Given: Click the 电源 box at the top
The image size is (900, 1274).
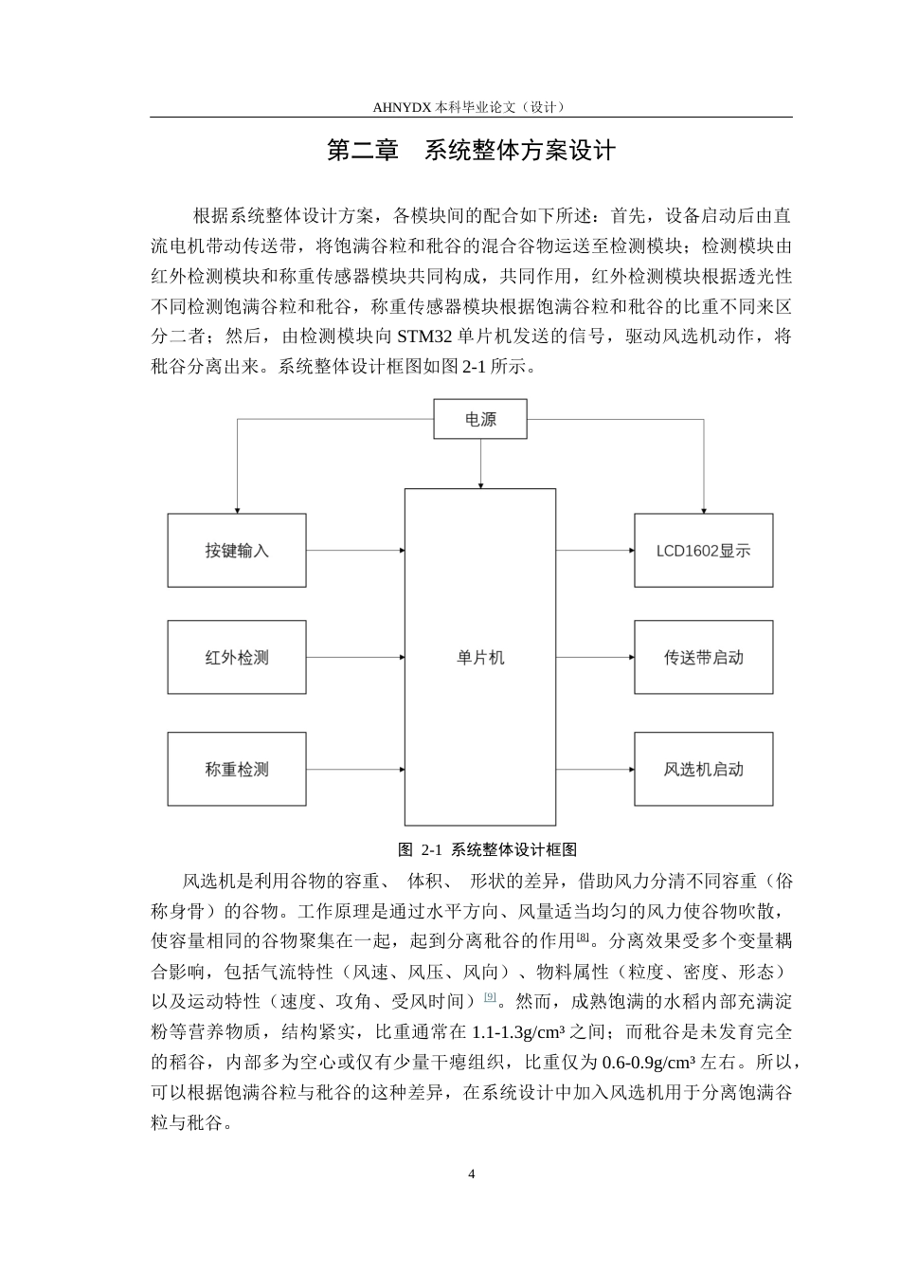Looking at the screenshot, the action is coord(480,419).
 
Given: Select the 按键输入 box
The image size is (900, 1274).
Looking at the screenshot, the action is coord(237,550).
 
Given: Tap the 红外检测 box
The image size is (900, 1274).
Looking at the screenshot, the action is coord(237,657).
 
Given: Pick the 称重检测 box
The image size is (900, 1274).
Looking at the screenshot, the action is coord(237,769).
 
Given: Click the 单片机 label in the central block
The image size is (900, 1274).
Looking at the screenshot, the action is coord(480,658).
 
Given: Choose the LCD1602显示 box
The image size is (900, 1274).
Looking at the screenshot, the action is coord(703,550).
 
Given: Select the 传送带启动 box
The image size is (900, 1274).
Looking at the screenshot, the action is coord(703,657).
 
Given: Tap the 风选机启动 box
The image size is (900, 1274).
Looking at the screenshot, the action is coord(703,769).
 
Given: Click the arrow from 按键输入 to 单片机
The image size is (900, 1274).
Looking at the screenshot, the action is coord(355,550).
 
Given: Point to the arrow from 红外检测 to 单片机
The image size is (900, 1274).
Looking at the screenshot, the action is coord(355,657).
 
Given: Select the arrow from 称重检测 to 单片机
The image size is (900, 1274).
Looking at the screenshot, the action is coord(355,769).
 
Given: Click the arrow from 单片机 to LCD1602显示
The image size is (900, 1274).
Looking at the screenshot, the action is coord(595,550).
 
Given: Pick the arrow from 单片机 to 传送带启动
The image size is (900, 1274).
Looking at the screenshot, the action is coord(595,657).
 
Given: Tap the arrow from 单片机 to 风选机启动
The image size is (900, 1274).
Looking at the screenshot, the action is coord(595,769).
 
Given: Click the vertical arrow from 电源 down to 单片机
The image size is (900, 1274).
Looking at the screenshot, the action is coord(480,464).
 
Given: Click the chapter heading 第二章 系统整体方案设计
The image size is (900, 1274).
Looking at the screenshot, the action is coord(471,150).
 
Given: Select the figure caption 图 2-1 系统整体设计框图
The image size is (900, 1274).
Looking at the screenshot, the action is coord(487,849).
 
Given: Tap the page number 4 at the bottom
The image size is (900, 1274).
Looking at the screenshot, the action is coord(471,1174).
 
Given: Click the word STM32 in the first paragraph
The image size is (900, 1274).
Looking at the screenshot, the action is coord(424,337).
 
